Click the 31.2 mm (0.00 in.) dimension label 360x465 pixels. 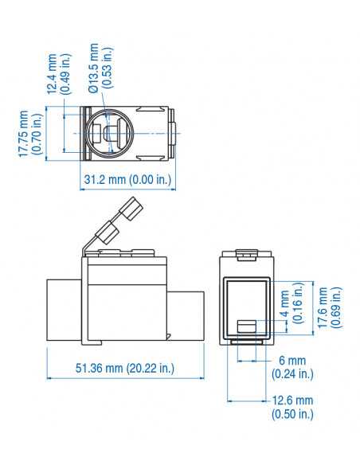coord(127,180)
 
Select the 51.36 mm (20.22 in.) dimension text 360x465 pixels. coord(125,368)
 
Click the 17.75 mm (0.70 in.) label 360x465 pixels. coord(30,133)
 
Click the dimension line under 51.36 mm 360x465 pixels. coord(124,379)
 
